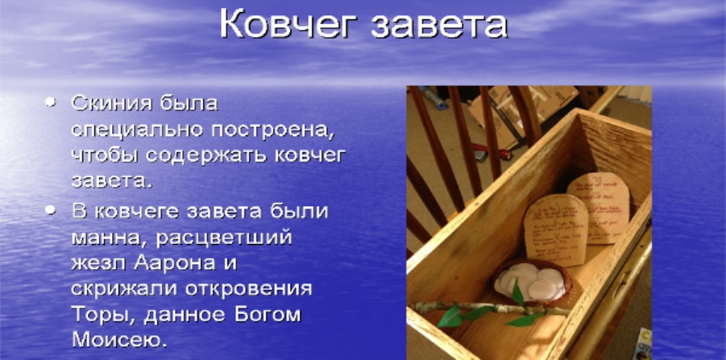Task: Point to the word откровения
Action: tap(254, 290)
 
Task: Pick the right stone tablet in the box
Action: tap(597, 206)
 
